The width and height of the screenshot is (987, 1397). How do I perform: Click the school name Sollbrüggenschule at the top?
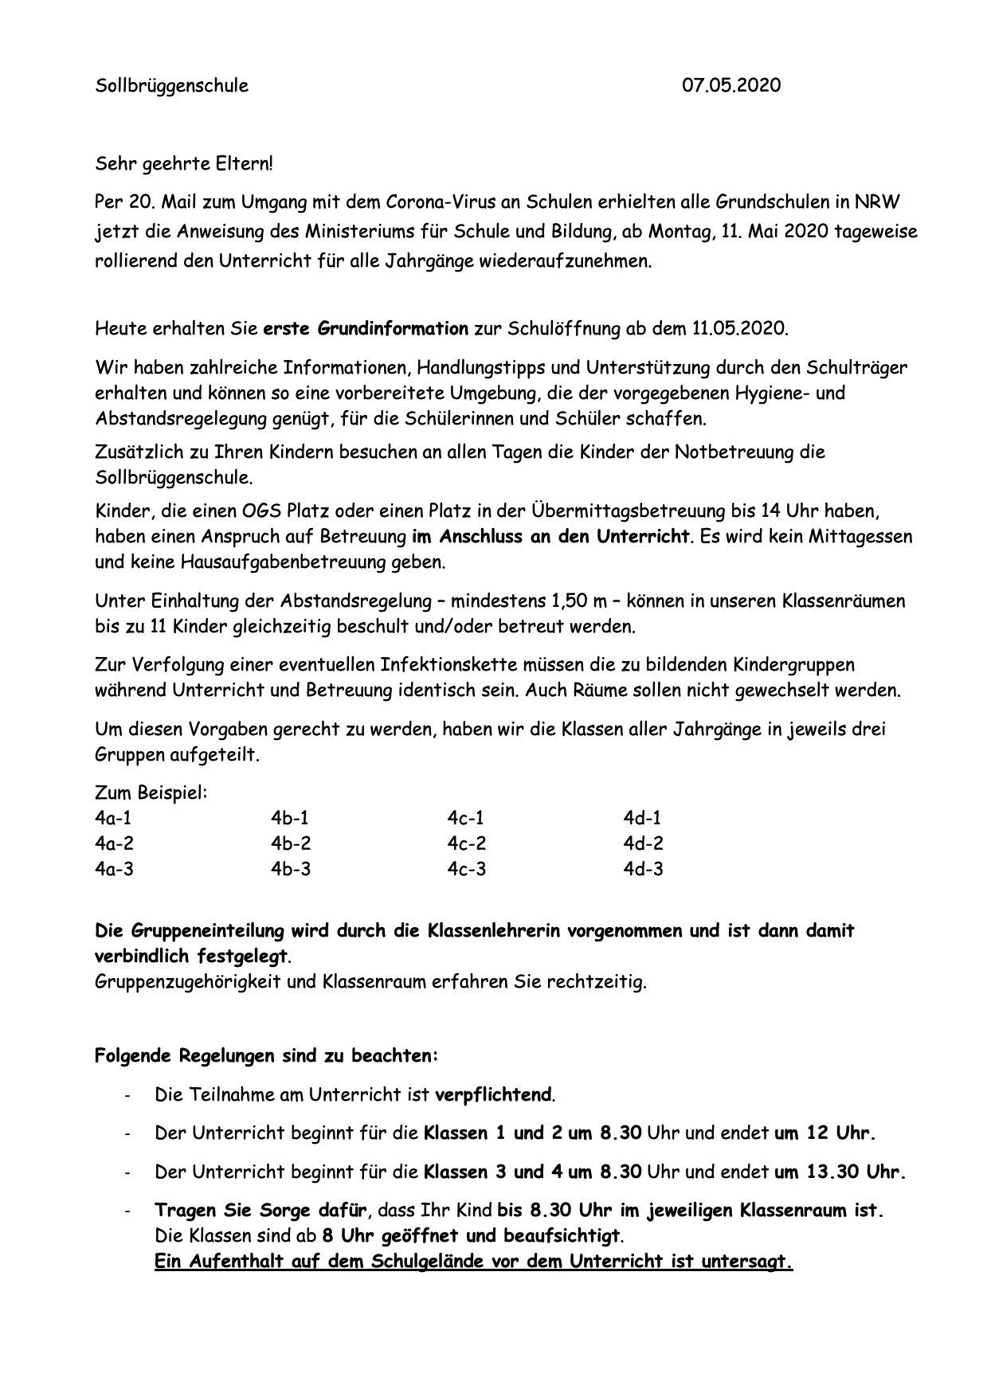tap(171, 85)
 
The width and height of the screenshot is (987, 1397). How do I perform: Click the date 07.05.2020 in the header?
tap(731, 85)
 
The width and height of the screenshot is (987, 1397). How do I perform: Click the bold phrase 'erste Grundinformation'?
tap(366, 327)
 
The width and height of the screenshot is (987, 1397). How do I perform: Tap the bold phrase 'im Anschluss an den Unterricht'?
tap(550, 536)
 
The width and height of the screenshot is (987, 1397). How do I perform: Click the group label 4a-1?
tap(114, 817)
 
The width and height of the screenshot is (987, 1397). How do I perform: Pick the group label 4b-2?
tap(290, 843)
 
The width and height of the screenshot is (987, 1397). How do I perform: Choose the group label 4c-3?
tap(466, 868)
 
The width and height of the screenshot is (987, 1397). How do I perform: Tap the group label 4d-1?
tap(642, 817)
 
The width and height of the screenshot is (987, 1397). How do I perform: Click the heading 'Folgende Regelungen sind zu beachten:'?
tap(266, 1056)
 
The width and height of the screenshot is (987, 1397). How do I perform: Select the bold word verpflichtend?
tap(494, 1094)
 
